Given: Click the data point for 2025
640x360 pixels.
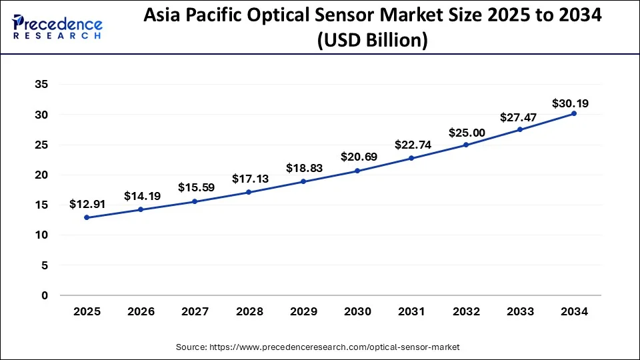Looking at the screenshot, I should (87, 217).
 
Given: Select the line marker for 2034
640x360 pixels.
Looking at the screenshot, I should (573, 113).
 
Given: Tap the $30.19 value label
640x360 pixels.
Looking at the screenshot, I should (570, 103).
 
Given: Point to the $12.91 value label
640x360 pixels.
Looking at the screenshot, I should (87, 204).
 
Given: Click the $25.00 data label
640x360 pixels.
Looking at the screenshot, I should (465, 133).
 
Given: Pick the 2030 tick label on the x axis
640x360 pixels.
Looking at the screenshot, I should (357, 311).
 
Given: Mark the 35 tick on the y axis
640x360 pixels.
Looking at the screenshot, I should (41, 85).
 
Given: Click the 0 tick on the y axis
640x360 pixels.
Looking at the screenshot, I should (45, 295).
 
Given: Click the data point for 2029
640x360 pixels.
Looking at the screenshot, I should (303, 181).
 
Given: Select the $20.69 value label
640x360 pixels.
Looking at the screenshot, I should (357, 157).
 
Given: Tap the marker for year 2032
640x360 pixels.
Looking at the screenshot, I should (465, 145).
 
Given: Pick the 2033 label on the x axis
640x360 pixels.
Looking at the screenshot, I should (519, 311).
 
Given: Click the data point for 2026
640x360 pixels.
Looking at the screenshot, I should (141, 209).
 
